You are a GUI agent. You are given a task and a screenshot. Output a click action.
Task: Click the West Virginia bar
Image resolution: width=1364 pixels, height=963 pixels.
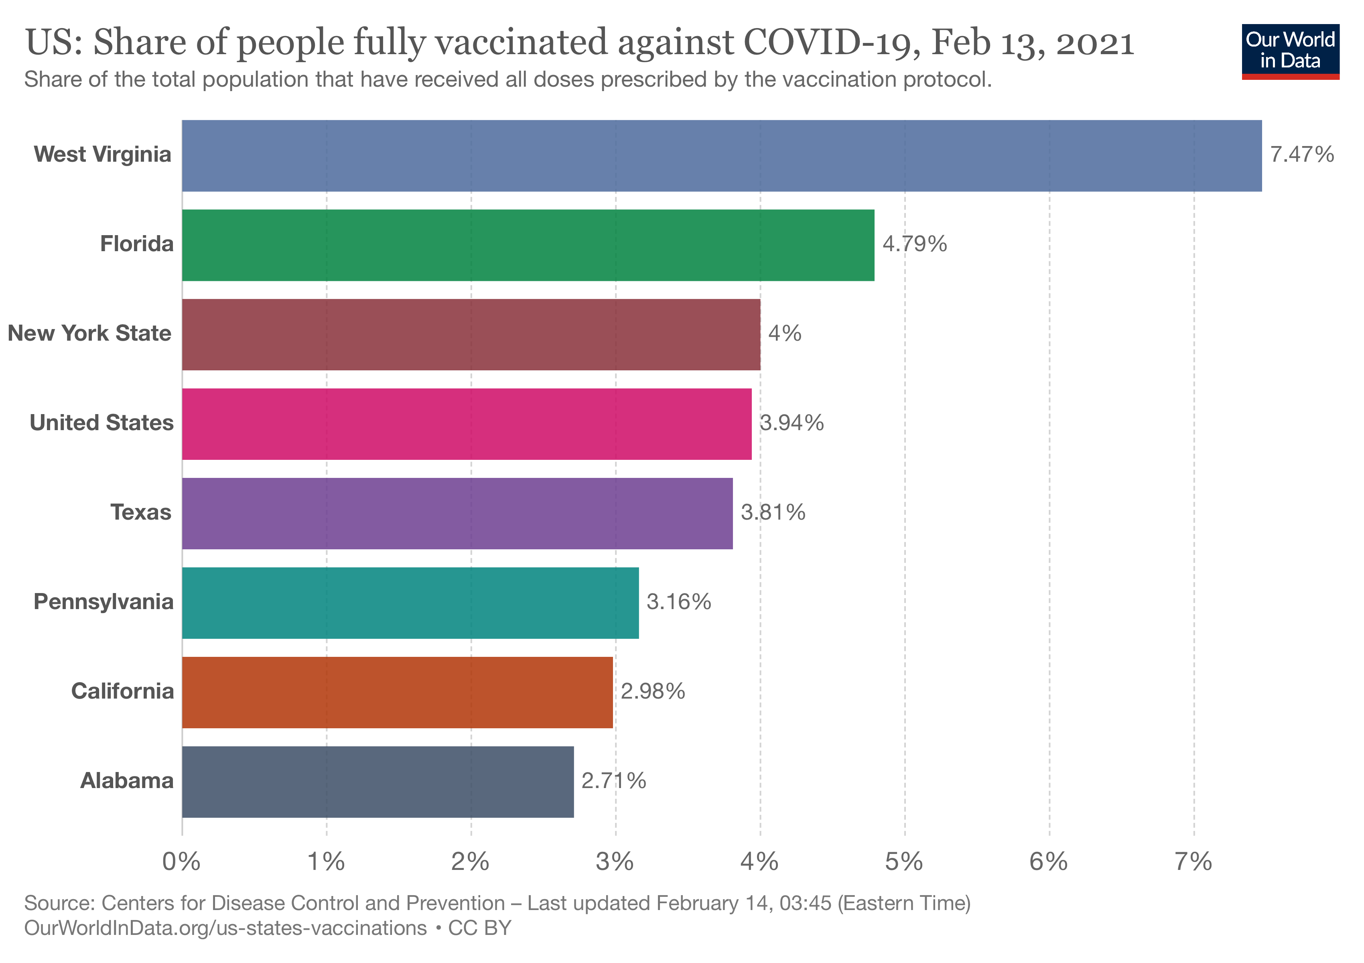721,156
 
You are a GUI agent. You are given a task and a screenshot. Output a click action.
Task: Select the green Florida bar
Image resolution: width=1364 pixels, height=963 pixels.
528,245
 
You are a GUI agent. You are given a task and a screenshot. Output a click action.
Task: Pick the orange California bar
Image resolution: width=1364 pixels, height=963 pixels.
397,692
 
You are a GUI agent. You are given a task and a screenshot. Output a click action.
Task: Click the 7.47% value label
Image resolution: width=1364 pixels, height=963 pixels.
1302,154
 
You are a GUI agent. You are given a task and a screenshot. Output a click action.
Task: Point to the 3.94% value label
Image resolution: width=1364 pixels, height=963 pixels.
792,423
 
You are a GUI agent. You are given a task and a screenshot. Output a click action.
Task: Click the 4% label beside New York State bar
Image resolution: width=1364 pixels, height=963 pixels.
785,333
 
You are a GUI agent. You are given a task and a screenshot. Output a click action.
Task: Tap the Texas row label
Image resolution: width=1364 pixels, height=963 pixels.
141,512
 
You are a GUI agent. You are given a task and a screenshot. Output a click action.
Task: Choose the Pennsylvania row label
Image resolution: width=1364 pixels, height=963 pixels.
104,602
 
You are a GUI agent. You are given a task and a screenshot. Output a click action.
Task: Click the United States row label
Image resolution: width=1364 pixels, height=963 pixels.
101,423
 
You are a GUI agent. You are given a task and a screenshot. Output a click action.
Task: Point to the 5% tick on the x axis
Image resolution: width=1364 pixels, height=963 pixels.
904,862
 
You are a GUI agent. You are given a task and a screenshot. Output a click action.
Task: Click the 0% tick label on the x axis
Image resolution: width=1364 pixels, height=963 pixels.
181,862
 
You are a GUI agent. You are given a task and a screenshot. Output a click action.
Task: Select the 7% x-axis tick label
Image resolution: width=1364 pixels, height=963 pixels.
1193,862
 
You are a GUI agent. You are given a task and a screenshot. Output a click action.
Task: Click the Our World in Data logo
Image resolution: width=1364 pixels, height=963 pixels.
1290,51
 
